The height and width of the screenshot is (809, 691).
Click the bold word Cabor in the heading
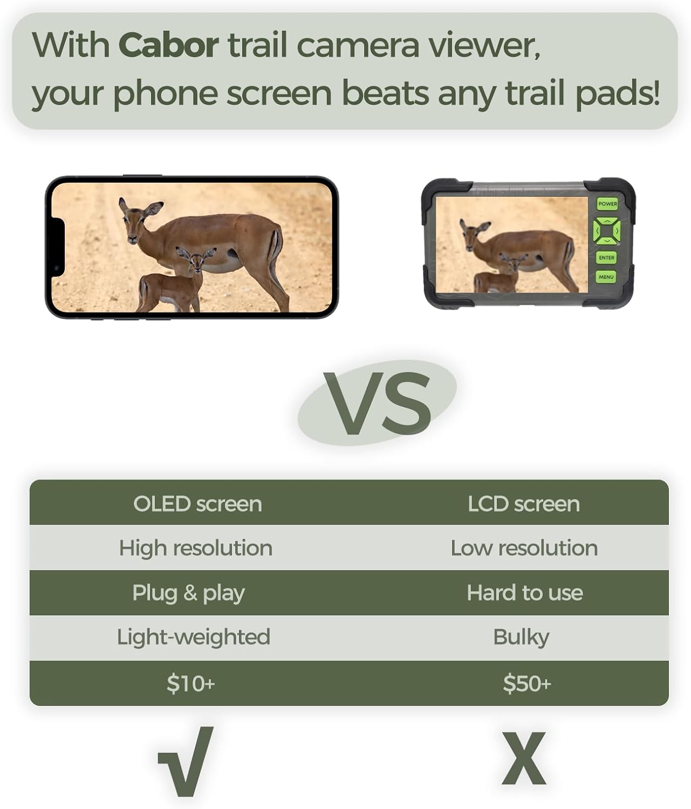[168, 45]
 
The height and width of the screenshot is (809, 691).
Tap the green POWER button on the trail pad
[607, 204]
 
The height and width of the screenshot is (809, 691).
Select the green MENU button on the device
[606, 277]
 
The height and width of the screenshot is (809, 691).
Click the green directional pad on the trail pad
[606, 231]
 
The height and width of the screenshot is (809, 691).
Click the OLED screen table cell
[197, 504]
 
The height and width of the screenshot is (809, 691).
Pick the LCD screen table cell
[523, 504]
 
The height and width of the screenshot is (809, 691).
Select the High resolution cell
[196, 548]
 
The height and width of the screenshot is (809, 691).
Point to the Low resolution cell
[524, 548]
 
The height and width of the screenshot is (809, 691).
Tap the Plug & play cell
[189, 593]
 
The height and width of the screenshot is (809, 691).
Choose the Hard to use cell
[525, 593]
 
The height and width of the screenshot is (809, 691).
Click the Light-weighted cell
[194, 637]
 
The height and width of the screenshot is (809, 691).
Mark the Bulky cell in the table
[521, 637]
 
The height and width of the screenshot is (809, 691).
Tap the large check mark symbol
[186, 762]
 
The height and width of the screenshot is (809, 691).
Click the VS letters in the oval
[377, 403]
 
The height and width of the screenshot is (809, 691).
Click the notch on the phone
[57, 248]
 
